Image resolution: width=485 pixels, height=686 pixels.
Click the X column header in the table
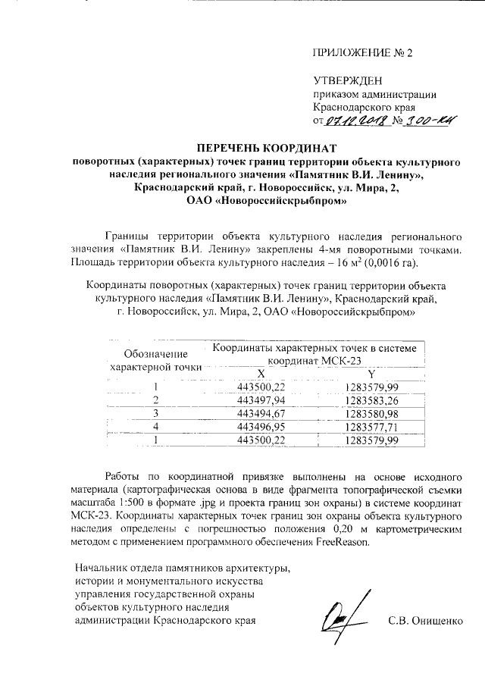point(260,374)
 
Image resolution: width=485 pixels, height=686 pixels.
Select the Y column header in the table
point(371,374)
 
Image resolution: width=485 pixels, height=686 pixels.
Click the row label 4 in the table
point(156,427)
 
